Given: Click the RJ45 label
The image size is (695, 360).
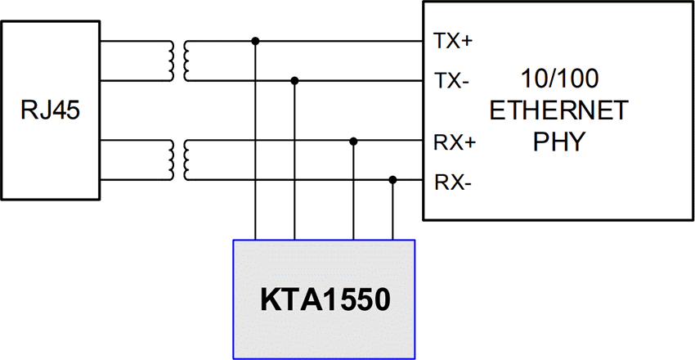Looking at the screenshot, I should [x=51, y=110].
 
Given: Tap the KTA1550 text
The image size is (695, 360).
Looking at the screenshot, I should [x=324, y=300].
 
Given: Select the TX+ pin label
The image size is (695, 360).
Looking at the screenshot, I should [x=450, y=40].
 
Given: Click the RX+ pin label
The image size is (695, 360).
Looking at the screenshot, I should [x=451, y=142].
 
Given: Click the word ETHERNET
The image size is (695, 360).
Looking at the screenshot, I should [x=558, y=110].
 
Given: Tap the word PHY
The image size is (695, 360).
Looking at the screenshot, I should [x=558, y=142].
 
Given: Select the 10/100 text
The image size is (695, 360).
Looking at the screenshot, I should [x=559, y=79].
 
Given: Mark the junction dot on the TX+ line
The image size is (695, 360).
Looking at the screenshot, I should [x=256, y=40].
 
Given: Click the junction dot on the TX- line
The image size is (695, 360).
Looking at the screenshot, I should [x=294, y=80].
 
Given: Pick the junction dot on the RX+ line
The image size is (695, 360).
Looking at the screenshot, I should [x=353, y=142].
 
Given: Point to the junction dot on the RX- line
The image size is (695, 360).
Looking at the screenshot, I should [x=393, y=180].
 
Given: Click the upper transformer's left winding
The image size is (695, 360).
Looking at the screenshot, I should [x=171, y=61].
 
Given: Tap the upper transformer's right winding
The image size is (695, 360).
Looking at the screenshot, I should [x=187, y=61].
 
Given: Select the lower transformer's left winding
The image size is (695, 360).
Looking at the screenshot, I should [x=171, y=160].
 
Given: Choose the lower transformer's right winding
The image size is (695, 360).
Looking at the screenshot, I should [x=187, y=160].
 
